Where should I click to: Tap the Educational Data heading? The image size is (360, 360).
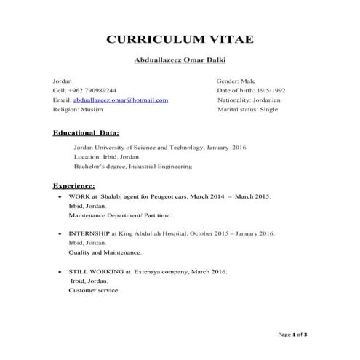pos(86,133)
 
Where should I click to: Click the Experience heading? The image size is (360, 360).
pos(73,185)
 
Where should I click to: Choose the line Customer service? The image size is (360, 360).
pos(95,290)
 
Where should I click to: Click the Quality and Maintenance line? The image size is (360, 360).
pos(105,252)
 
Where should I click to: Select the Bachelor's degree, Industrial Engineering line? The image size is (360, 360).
pos(133,167)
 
